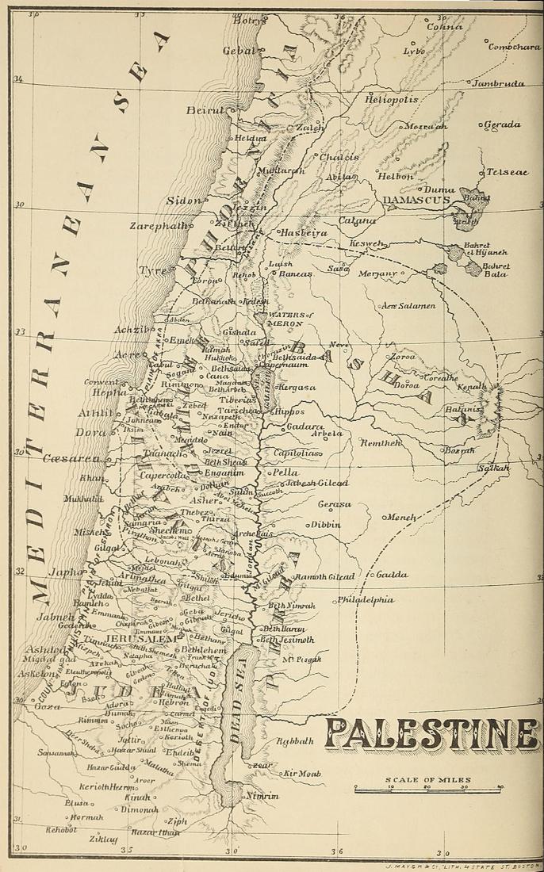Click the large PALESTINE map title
point(431,736)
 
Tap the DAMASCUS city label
point(416,201)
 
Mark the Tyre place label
point(153,270)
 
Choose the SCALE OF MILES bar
point(428,789)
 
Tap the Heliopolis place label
point(391,101)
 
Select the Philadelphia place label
point(366,600)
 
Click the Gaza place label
point(47,706)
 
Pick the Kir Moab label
point(301,772)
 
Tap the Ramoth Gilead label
point(324,576)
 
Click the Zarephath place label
point(159,226)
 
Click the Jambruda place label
point(499,83)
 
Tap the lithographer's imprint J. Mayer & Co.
point(458,867)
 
